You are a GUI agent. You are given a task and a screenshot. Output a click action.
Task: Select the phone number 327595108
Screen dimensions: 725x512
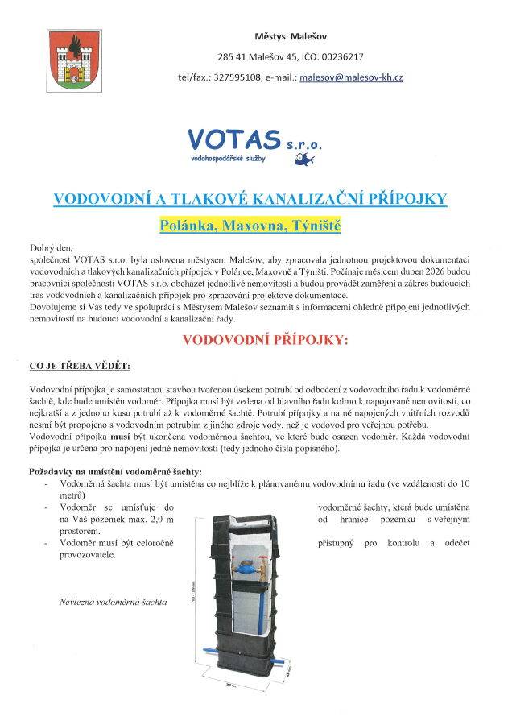click(x=238, y=77)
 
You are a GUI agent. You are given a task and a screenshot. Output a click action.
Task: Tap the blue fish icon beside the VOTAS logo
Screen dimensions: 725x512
click(x=308, y=157)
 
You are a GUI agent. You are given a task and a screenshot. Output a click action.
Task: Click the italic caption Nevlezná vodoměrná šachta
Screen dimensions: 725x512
click(x=112, y=602)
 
